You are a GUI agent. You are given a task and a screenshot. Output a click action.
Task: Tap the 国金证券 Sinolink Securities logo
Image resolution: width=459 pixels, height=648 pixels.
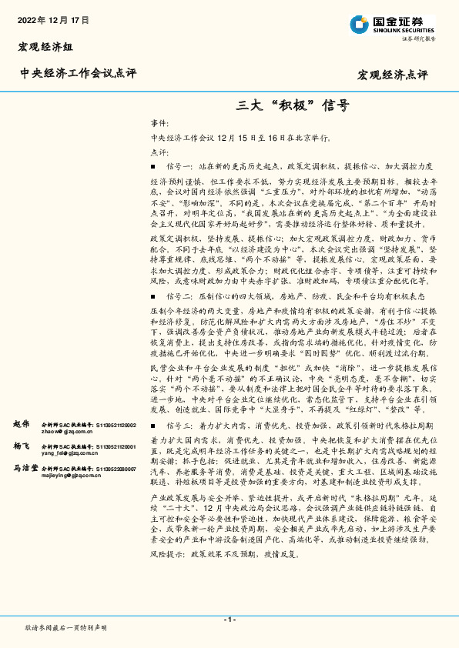(x=392, y=23)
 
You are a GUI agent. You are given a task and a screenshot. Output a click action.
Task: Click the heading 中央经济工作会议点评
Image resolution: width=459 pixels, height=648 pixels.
(x=78, y=74)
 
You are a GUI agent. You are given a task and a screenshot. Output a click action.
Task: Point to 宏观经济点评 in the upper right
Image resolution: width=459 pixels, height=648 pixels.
(x=392, y=75)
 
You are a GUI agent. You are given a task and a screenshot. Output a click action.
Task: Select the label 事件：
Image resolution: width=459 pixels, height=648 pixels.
(x=159, y=124)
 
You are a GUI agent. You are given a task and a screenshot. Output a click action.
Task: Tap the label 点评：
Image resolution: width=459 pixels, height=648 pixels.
(x=159, y=152)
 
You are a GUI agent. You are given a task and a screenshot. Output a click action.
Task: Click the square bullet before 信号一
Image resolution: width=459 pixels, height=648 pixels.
(x=154, y=167)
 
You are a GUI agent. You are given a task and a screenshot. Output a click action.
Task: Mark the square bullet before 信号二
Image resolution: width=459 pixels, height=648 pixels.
(x=154, y=318)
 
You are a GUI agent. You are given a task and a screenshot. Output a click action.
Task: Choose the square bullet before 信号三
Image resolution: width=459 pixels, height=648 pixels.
(x=154, y=426)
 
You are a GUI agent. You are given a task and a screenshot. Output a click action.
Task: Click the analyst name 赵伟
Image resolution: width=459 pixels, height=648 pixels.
(x=22, y=424)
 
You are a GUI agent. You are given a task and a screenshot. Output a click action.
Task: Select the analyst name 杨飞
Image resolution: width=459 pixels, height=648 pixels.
(x=22, y=446)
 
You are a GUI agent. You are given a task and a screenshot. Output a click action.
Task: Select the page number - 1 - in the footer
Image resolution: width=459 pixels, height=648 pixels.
(x=229, y=620)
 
